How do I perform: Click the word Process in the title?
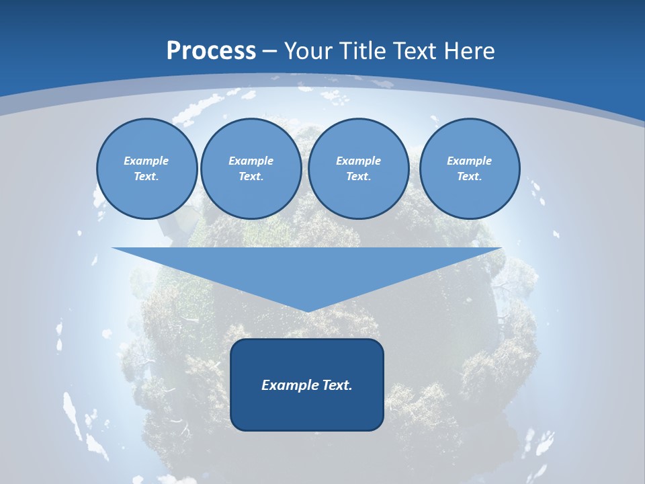tap(211, 51)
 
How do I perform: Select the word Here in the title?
tap(468, 51)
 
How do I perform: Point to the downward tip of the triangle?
tap(307, 311)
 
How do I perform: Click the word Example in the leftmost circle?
tap(146, 161)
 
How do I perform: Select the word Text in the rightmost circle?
tap(469, 177)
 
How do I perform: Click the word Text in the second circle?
tap(251, 177)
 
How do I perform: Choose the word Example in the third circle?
tap(358, 161)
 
